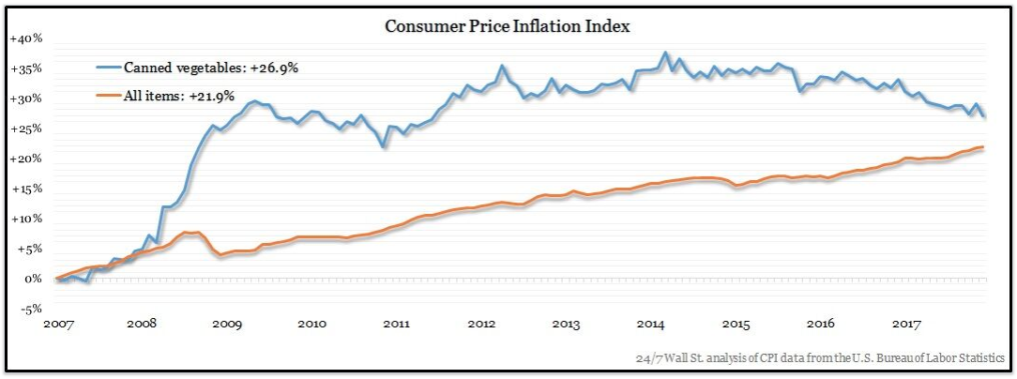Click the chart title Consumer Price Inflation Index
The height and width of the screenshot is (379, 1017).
pyautogui.click(x=507, y=25)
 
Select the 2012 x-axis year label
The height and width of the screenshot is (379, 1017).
pyautogui.click(x=481, y=324)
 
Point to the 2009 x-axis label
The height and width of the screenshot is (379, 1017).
pyautogui.click(x=226, y=324)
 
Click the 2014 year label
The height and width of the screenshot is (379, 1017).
pyautogui.click(x=651, y=324)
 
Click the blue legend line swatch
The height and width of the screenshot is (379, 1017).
pyautogui.click(x=110, y=68)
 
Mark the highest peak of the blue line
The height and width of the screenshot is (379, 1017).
pyautogui.click(x=665, y=53)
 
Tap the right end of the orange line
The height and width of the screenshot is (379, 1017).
pyautogui.click(x=982, y=147)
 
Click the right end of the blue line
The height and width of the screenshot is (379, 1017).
pyautogui.click(x=983, y=116)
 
